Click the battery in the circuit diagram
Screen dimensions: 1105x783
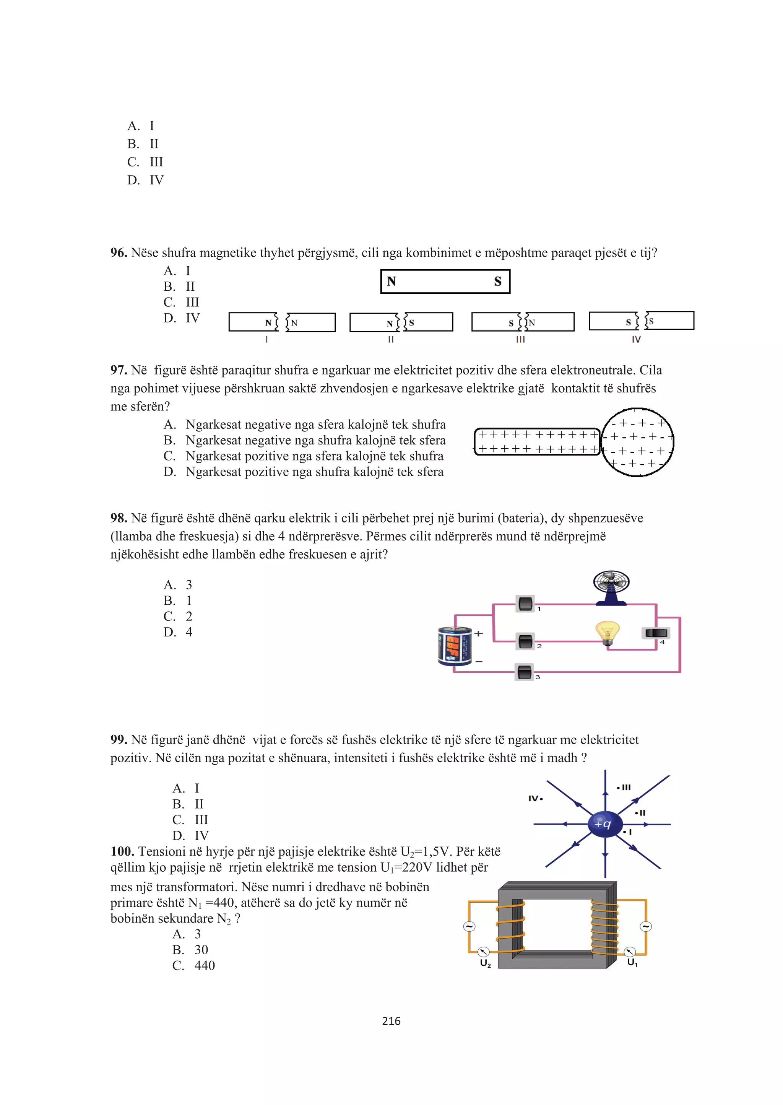click(455, 646)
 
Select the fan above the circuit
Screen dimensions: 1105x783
click(611, 587)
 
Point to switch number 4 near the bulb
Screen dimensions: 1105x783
click(656, 633)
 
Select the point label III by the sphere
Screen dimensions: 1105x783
click(625, 788)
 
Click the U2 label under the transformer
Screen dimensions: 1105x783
click(485, 963)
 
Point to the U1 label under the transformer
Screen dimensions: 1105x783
click(632, 962)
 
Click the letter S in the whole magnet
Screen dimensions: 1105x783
click(497, 282)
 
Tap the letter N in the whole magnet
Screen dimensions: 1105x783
click(391, 282)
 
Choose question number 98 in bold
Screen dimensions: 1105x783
click(119, 518)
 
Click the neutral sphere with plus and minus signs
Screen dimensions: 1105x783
click(637, 442)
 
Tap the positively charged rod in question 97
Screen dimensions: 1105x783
click(537, 442)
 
